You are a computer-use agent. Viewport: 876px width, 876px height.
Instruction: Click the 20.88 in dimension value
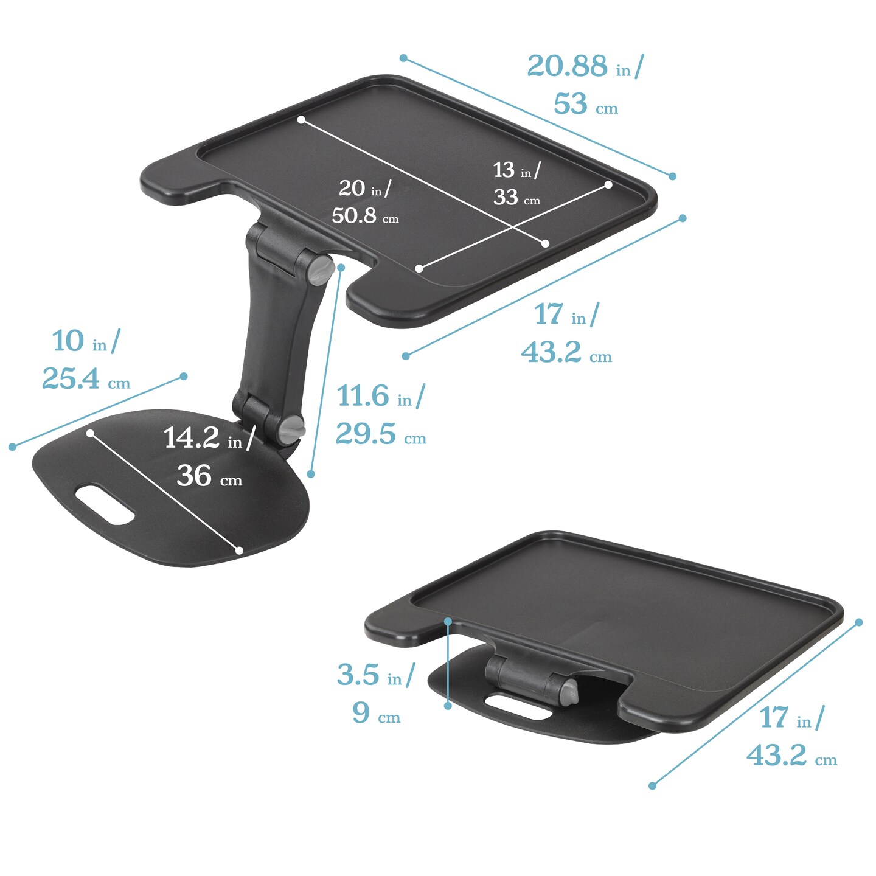(x=585, y=66)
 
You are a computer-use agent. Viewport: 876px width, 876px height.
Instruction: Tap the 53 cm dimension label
(x=585, y=104)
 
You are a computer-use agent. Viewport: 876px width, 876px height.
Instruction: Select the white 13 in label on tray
(x=517, y=170)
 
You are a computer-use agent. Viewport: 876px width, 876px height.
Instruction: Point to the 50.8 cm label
(x=365, y=215)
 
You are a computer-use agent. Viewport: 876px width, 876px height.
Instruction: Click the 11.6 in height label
(x=380, y=395)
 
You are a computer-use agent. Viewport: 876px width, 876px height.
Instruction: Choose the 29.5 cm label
(x=381, y=434)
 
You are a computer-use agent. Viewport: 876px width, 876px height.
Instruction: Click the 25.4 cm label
(x=86, y=378)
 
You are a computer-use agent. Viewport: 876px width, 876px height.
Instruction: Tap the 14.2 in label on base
(x=209, y=438)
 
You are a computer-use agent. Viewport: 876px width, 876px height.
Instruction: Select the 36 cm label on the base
(x=209, y=476)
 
